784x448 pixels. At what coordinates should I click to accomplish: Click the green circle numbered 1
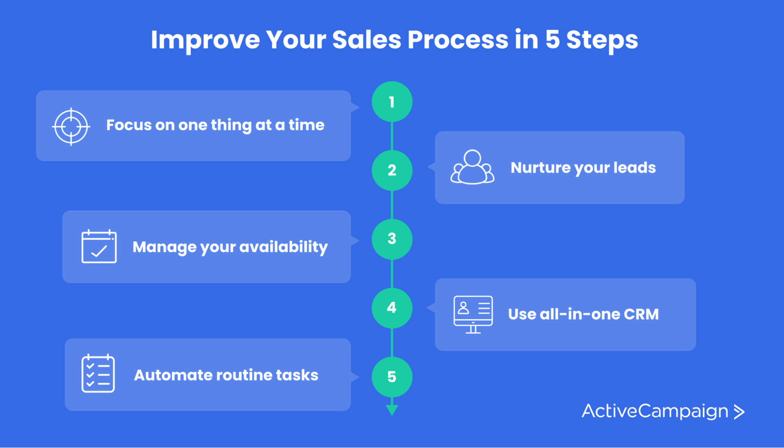(x=392, y=102)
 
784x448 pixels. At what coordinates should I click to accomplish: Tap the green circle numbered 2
(x=392, y=170)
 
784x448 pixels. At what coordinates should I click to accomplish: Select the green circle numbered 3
(x=392, y=239)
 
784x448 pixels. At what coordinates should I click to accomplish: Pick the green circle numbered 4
(x=392, y=308)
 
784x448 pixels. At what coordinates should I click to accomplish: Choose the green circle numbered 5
(x=392, y=377)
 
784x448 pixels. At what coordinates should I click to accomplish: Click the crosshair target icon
(x=71, y=126)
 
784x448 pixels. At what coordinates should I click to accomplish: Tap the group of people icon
(x=472, y=167)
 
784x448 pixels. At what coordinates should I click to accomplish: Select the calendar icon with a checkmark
(x=99, y=246)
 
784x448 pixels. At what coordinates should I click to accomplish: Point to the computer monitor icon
(x=473, y=314)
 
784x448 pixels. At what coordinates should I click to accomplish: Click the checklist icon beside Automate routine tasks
(x=98, y=373)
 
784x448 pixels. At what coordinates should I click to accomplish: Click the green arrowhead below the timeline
(x=392, y=410)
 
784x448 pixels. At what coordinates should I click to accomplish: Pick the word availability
(x=283, y=247)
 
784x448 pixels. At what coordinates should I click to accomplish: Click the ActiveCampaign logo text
(x=655, y=411)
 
